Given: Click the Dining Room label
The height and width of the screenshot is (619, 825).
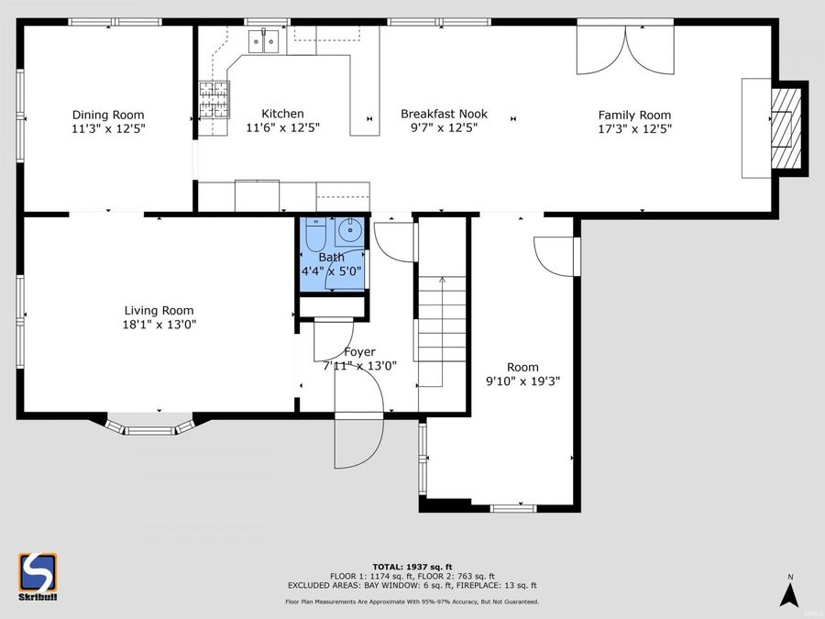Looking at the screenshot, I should tap(108, 115).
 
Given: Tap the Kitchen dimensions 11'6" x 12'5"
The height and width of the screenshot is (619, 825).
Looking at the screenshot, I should tap(282, 128).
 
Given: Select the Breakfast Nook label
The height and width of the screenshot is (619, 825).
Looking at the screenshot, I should tap(444, 114).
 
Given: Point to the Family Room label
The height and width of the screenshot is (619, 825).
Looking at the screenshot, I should tap(634, 115).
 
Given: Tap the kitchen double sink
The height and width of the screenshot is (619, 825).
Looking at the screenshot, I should tap(267, 39).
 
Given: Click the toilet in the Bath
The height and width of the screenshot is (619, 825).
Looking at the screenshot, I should tap(313, 236).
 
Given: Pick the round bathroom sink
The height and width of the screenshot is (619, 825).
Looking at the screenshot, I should tap(349, 229).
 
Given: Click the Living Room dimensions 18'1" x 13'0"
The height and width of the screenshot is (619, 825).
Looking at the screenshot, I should tap(159, 324).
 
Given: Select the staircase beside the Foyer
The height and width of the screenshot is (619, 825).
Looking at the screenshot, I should tap(443, 330).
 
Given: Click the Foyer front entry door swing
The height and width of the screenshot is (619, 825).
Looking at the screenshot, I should tap(357, 440).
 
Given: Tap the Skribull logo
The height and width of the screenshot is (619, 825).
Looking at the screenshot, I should tap(38, 576).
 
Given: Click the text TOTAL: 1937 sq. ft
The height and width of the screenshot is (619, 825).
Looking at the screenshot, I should tap(412, 566).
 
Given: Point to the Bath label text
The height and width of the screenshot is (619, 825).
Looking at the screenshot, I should tap(331, 258).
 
